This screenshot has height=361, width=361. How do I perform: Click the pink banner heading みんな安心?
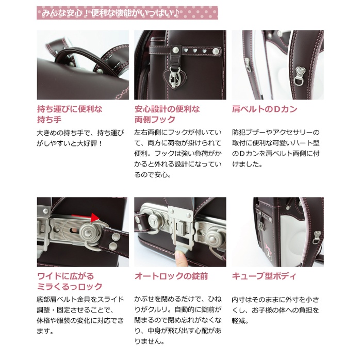(x=127, y=13)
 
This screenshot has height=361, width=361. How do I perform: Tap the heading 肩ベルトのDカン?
(x=265, y=109)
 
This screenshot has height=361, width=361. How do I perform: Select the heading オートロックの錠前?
(x=171, y=276)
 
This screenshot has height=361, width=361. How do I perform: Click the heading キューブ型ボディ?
(x=264, y=276)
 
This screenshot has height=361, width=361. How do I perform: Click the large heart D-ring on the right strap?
(x=300, y=76)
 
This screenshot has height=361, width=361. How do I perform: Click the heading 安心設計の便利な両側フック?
(x=167, y=114)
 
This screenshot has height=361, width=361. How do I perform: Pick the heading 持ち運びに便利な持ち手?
(x=70, y=114)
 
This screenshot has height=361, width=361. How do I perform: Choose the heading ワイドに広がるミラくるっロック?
(x=70, y=282)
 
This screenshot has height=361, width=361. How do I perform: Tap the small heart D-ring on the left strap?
(x=247, y=64)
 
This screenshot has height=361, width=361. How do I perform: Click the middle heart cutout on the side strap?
(x=195, y=50)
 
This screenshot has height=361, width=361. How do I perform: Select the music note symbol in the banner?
(x=176, y=13)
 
